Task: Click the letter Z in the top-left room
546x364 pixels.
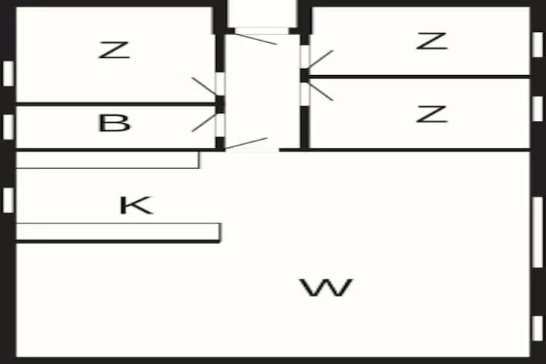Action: click(114, 50)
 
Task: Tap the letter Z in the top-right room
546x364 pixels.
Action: click(431, 41)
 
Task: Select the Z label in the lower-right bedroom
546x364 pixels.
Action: click(431, 114)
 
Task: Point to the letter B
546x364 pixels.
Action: click(114, 123)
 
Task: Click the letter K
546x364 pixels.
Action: click(136, 205)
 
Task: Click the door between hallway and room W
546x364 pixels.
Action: click(248, 143)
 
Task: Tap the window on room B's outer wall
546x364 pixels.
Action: click(8, 126)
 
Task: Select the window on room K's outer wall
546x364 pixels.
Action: click(8, 199)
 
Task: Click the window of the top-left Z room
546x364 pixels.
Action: click(8, 73)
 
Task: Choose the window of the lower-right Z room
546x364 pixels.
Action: click(537, 108)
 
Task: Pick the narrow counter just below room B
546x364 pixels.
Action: click(107, 159)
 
